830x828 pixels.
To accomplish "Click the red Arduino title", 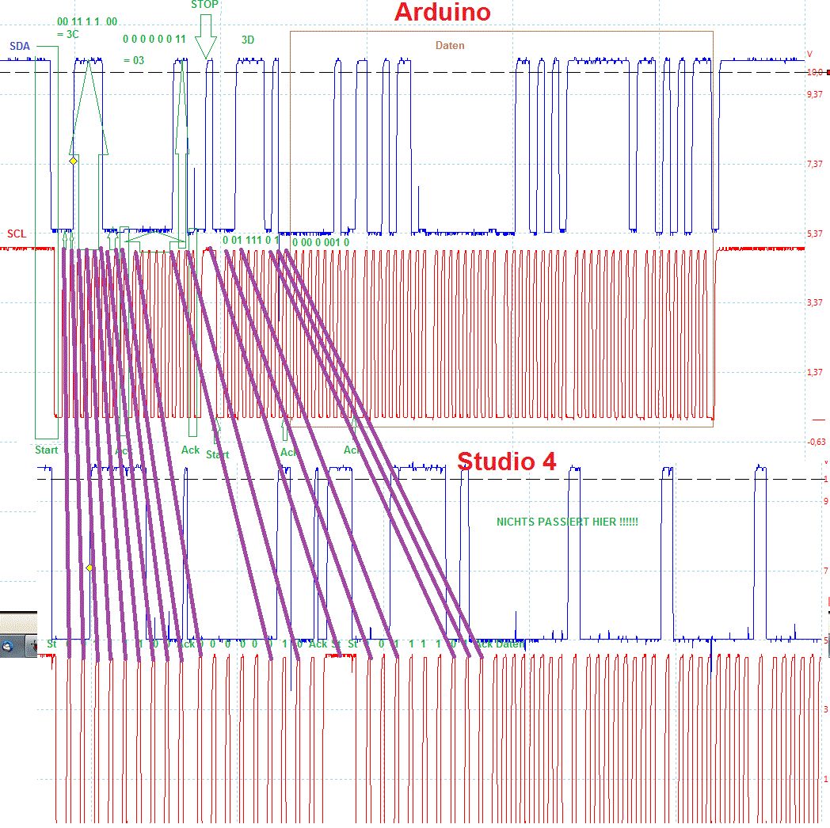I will click(442, 13).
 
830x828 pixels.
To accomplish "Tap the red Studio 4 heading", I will click(506, 461).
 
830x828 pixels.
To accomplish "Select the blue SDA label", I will click(20, 47).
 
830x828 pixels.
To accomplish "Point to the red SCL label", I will click(17, 234).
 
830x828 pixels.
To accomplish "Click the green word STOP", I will click(204, 5).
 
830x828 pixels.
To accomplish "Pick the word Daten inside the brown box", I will click(450, 46).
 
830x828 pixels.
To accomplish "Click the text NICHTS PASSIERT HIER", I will click(567, 522).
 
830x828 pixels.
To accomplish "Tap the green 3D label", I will click(248, 40).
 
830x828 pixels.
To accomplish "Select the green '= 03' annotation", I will click(134, 60).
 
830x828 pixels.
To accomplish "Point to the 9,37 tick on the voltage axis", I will click(814, 95).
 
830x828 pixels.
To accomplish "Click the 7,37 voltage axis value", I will click(814, 164).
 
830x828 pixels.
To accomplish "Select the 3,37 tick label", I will click(814, 303).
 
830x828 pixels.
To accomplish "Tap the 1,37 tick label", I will click(814, 372).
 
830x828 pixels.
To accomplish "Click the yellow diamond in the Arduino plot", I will click(73, 161).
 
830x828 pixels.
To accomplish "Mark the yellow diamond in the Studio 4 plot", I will click(89, 568).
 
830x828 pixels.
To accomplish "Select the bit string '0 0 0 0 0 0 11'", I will click(154, 39).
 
